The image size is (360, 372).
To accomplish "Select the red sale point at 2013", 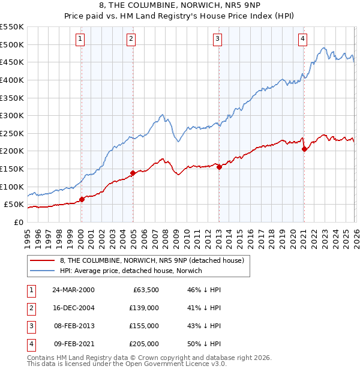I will [219, 167].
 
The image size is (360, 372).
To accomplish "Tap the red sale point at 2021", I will [304, 149].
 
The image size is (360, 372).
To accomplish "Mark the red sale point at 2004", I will [133, 173].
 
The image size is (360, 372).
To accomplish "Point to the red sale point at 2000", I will [82, 200].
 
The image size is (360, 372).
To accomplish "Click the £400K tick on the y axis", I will [12, 80].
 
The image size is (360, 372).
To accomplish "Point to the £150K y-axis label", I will [12, 169].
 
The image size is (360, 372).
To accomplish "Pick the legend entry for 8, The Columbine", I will [152, 260].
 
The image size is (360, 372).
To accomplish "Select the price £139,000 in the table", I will [144, 307].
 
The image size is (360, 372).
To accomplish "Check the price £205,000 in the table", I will [144, 344].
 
